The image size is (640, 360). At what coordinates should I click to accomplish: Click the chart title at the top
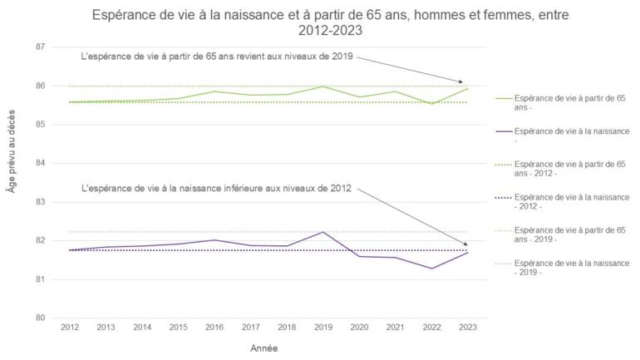320,22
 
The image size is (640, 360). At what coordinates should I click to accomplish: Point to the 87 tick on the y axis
39,47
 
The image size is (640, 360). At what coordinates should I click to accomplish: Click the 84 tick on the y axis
39,163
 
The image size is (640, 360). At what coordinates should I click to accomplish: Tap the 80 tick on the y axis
39,318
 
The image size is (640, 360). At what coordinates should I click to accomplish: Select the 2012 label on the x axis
69,330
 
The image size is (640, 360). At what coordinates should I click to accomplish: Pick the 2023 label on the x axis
466,330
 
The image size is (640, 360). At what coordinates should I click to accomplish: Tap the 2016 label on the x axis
214,330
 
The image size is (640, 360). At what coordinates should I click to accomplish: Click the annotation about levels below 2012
219,189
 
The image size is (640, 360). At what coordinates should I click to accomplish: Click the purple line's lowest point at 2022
431,269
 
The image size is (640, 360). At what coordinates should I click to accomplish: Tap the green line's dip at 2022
431,104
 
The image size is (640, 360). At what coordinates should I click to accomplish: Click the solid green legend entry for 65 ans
569,102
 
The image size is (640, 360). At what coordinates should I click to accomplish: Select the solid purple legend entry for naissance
569,136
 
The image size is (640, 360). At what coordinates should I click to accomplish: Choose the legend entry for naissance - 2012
569,200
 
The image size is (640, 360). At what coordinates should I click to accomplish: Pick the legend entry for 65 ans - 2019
569,233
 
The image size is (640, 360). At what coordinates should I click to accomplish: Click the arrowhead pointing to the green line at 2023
462,82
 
